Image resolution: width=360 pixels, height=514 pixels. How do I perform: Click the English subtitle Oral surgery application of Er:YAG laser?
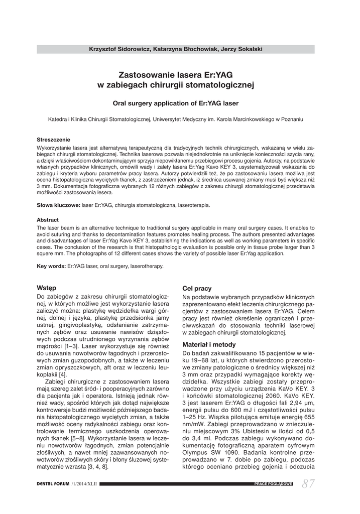click(176, 103)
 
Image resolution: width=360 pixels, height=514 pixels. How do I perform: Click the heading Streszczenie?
click(54, 140)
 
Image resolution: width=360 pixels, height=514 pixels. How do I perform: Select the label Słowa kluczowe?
click(58, 205)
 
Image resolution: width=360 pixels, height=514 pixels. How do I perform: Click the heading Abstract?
click(48, 220)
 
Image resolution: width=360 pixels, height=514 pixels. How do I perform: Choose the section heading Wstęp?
click(47, 288)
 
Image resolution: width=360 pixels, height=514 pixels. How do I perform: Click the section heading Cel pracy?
click(196, 289)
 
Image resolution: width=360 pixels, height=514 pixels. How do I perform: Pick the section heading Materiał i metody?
click(208, 345)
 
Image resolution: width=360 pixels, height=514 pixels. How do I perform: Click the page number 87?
click(309, 483)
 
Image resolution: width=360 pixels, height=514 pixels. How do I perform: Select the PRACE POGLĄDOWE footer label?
click(273, 484)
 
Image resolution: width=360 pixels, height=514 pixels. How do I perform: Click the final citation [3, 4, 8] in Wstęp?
click(98, 466)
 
